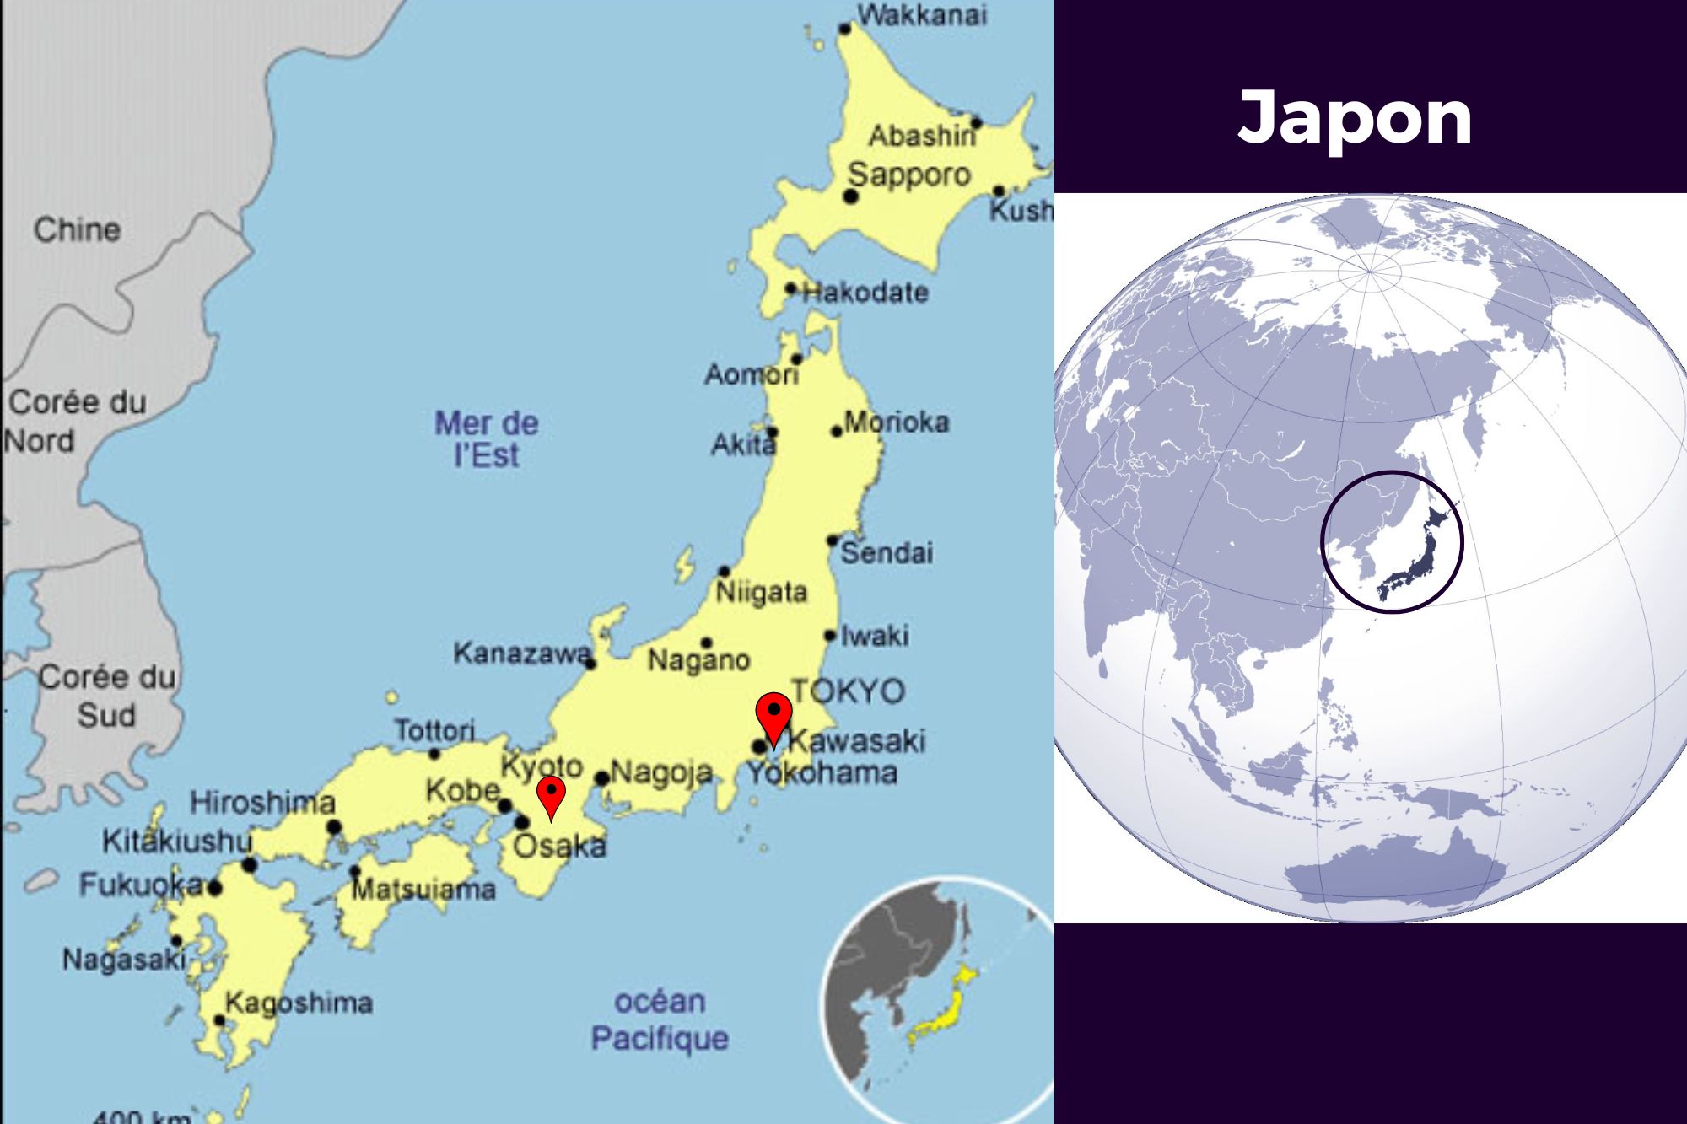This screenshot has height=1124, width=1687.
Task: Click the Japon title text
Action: point(1355,118)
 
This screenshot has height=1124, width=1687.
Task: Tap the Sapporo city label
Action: point(909,175)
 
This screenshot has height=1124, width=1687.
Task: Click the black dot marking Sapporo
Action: point(850,196)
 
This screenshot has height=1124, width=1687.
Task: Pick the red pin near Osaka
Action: point(551,795)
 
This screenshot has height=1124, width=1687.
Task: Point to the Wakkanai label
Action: point(921,15)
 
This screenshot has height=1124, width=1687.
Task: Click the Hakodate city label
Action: point(865,293)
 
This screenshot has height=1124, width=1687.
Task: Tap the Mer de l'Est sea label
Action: point(487,438)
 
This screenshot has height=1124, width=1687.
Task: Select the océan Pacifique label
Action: point(660,1019)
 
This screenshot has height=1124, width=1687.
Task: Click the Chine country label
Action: point(77,229)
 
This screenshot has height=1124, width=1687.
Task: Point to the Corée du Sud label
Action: point(107,696)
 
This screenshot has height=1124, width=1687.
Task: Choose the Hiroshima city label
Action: point(262,802)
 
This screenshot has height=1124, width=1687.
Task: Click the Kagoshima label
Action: point(299,1003)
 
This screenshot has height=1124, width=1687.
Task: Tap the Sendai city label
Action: point(887,553)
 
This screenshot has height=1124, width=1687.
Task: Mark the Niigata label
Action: point(761,592)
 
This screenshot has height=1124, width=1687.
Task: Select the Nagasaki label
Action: point(123,959)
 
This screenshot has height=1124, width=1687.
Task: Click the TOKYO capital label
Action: point(848,691)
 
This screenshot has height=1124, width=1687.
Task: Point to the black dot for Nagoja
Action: point(601,778)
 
